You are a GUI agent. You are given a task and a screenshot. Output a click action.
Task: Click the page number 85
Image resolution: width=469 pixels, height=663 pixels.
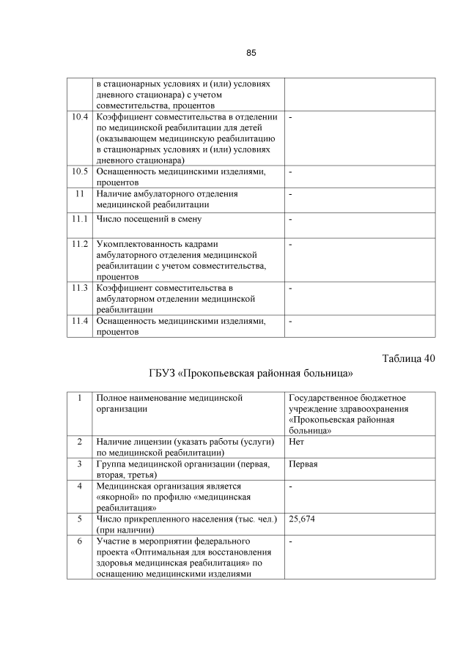(x=251, y=53)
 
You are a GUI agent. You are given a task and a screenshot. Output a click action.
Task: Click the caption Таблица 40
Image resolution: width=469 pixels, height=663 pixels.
(x=408, y=358)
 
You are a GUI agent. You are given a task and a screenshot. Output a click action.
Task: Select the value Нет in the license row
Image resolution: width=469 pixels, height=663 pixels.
(x=297, y=442)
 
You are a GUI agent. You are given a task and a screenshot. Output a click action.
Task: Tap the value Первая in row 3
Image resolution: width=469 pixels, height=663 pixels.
(x=303, y=464)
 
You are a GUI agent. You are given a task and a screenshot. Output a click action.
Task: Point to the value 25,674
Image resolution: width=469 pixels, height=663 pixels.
(x=303, y=519)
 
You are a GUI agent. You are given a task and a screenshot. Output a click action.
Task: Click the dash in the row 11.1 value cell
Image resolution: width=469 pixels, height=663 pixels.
(x=290, y=219)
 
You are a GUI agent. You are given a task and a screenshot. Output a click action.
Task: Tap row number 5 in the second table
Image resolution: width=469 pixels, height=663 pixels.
(x=78, y=519)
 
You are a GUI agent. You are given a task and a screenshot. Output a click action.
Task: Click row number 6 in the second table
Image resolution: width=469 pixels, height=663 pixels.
(x=78, y=541)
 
